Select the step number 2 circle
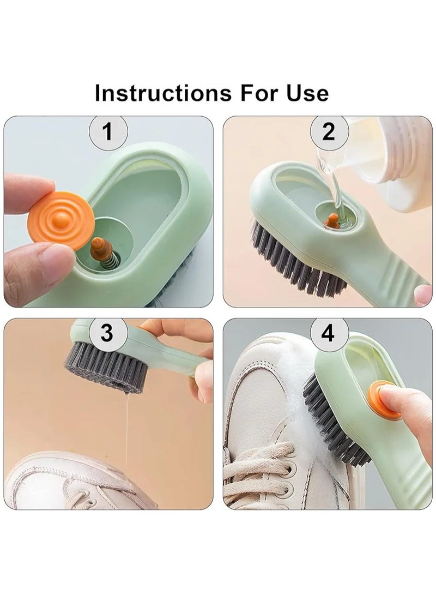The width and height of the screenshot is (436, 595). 328,131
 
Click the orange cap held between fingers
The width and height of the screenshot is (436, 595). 58,219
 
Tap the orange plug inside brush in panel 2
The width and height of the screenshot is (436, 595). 332,221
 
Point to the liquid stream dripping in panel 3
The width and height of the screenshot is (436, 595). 128,425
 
